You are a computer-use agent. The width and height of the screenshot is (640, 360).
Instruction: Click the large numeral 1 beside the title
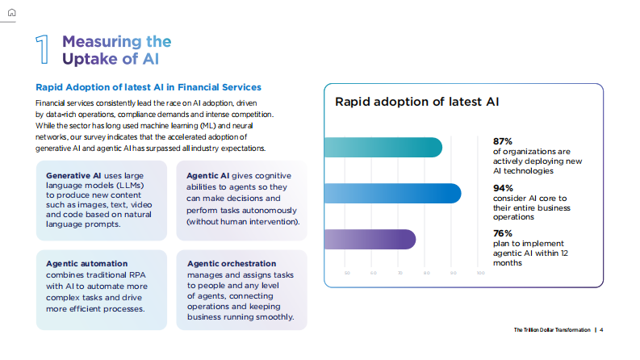(44, 50)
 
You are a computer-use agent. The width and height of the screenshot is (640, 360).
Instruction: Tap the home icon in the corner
(11, 12)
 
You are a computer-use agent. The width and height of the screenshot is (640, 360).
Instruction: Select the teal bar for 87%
(383, 148)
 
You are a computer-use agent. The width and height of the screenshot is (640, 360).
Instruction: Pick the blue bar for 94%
(392, 194)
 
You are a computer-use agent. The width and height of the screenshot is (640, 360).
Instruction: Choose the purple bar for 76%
(370, 240)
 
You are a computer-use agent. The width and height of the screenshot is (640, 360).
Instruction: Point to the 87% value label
(503, 140)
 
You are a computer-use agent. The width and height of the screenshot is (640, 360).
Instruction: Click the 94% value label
(503, 187)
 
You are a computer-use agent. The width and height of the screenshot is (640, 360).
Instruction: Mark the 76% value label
(503, 233)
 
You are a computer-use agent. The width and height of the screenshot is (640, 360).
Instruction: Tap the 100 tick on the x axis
(481, 273)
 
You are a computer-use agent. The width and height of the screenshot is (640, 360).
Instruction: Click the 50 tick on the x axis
(347, 273)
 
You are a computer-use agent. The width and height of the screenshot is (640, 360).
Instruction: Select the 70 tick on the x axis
(400, 273)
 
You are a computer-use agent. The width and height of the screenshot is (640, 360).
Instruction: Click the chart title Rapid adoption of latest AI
(417, 102)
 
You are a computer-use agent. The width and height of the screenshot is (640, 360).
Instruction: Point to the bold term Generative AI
(73, 176)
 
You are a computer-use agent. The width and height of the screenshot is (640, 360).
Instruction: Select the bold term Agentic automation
(87, 264)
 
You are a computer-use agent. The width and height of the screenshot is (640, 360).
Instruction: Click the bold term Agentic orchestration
(232, 264)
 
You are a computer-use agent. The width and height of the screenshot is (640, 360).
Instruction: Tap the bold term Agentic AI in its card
(208, 176)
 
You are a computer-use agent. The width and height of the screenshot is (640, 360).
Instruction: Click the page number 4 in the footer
(602, 329)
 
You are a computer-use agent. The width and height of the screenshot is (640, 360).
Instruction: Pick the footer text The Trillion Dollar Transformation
(552, 329)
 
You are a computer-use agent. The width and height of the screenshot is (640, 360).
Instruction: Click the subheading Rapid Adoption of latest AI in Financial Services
(148, 87)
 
